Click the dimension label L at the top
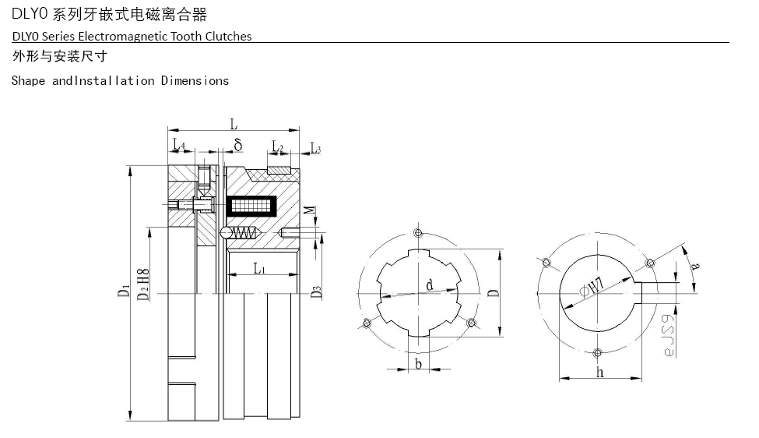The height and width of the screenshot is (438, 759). click(234, 123)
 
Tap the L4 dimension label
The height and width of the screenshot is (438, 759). click(178, 145)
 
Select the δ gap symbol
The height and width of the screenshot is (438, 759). click(238, 144)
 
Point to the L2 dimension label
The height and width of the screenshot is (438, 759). click(277, 147)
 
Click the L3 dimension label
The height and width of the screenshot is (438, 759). click(315, 147)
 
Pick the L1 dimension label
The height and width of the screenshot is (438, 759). click(260, 269)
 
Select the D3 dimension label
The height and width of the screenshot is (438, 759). click(316, 292)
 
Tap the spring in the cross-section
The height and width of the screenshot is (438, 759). click(247, 233)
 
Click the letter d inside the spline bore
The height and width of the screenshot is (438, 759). click(429, 285)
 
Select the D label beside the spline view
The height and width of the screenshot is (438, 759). click(493, 293)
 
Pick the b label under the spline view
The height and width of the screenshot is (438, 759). click(419, 364)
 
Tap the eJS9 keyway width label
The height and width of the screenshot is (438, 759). click(667, 336)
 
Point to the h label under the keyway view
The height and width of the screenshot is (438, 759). click(600, 373)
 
